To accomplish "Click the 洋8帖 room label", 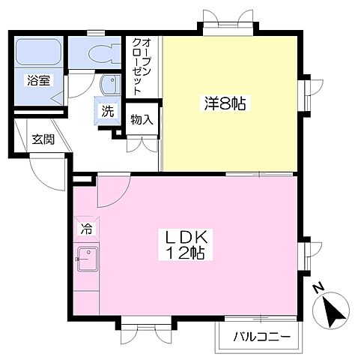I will (x=224, y=104).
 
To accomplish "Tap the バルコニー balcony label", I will (x=261, y=336).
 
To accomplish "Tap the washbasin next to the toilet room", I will (x=110, y=83).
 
